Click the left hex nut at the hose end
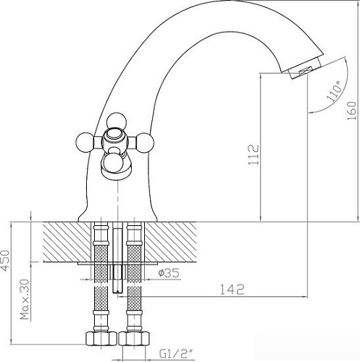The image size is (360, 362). point(99,338)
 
